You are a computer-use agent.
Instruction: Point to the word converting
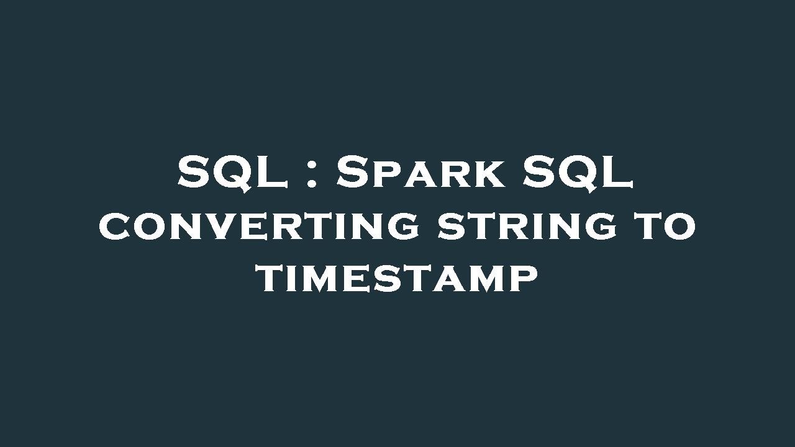tap(259, 225)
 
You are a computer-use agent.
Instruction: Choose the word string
tap(527, 225)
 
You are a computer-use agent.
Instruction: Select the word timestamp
tap(398, 279)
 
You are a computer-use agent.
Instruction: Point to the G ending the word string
tap(601, 226)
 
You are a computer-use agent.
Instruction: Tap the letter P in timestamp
tap(524, 279)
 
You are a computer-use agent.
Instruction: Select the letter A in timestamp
tap(447, 279)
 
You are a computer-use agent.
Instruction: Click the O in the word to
tap(679, 226)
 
